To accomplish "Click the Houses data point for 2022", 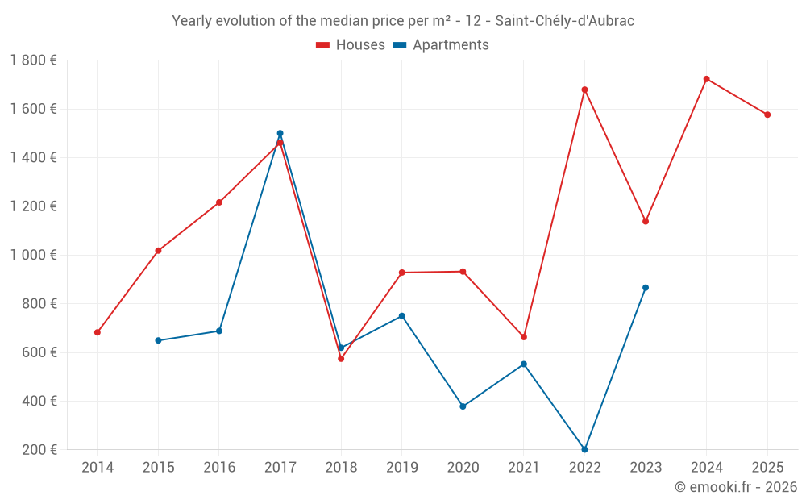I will pos(584,90).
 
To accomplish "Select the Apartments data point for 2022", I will pos(584,449).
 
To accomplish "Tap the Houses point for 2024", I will pos(707,79).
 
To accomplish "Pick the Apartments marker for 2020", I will pos(463,406).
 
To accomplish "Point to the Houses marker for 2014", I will pos(98,332).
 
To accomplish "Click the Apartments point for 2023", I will pos(646,288).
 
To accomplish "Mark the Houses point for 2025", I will pos(767,115).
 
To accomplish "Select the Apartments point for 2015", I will pos(158,340).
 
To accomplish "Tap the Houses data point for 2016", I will pos(219,202).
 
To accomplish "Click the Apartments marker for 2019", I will pos(402,316).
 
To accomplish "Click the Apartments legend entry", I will pos(440,45).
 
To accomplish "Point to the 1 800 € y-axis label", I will pos(33,60).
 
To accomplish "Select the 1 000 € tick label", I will pos(33,255).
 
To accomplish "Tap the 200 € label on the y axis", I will pos(39,450).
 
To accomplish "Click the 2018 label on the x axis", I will pos(341,467).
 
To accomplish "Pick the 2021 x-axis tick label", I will pos(524,467).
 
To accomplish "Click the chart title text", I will pos(403,21).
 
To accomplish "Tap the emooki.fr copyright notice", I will pos(736,487).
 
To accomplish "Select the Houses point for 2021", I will pos(524,337).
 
